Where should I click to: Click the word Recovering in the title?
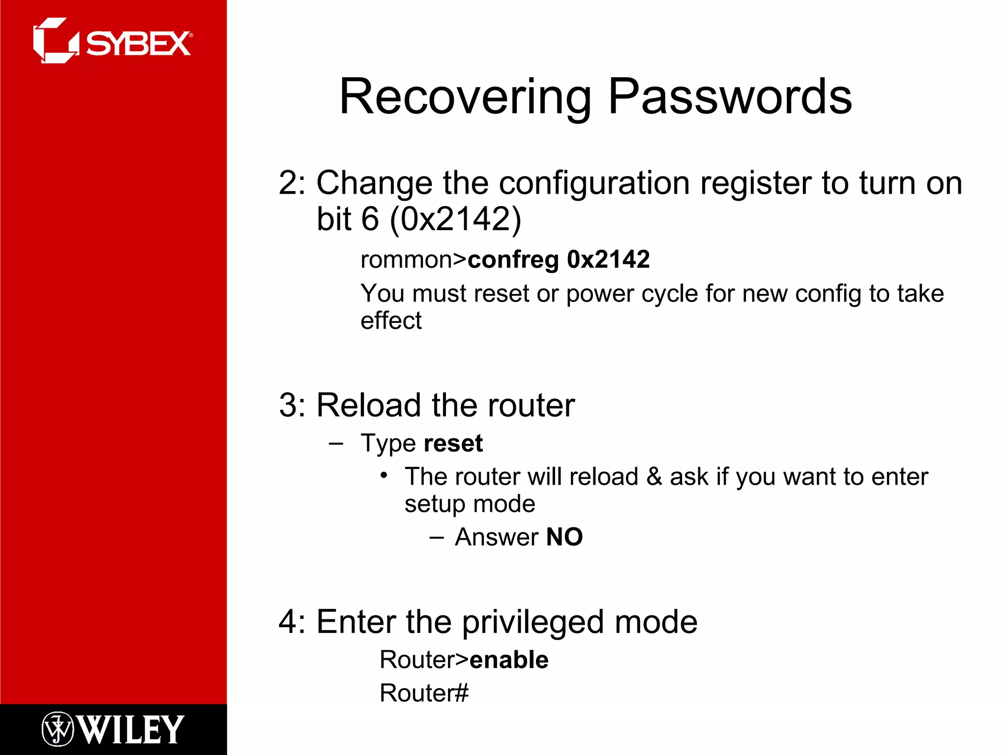pyautogui.click(x=465, y=97)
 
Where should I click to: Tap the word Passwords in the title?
pyautogui.click(x=730, y=97)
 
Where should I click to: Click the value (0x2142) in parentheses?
pyautogui.click(x=455, y=219)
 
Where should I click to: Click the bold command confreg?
pyautogui.click(x=513, y=260)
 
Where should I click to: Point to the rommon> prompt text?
pyautogui.click(x=413, y=260)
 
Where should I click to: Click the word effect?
pyautogui.click(x=391, y=320)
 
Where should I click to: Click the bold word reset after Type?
pyautogui.click(x=453, y=443)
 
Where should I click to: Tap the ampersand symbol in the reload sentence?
pyautogui.click(x=653, y=477)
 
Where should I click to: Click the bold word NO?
pyautogui.click(x=564, y=537)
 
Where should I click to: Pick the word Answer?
pyautogui.click(x=497, y=537)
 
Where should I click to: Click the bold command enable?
pyautogui.click(x=509, y=660)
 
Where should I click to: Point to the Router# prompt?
pyautogui.click(x=424, y=693)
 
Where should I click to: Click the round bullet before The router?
pyautogui.click(x=384, y=476)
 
